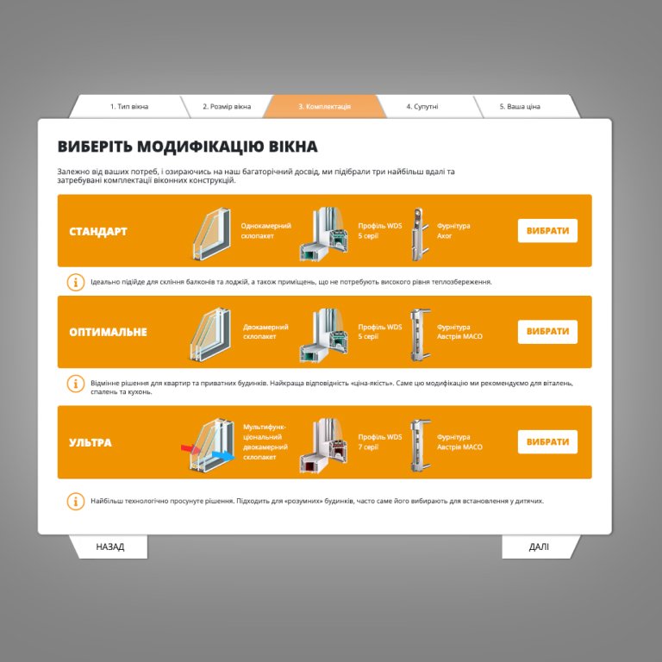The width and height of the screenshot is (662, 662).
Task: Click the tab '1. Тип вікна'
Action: tap(129, 106)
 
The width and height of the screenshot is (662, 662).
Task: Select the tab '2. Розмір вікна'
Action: tap(227, 106)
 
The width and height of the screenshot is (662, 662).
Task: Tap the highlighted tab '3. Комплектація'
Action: tap(325, 106)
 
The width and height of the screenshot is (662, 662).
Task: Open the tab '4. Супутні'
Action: tap(422, 106)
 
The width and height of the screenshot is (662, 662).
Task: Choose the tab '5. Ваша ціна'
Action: tap(520, 106)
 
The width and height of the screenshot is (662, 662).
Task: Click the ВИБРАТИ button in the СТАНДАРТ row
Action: tap(547, 230)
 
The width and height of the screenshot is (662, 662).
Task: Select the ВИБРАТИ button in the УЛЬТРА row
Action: tap(547, 441)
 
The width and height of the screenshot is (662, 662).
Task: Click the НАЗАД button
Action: tap(109, 546)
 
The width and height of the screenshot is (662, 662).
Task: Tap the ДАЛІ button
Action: tap(539, 546)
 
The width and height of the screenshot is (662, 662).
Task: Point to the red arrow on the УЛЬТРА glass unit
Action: tap(190, 449)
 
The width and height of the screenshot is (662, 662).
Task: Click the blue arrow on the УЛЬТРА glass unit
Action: tap(224, 456)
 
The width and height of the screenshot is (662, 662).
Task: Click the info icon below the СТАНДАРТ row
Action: tap(76, 282)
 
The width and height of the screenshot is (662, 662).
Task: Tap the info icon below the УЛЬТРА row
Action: tap(76, 501)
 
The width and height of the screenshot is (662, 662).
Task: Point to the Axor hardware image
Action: tap(419, 234)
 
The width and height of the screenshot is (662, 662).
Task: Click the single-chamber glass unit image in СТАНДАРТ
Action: tap(212, 234)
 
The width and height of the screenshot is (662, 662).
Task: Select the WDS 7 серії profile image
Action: tap(324, 446)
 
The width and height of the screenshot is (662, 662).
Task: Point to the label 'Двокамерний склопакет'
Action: tap(265, 332)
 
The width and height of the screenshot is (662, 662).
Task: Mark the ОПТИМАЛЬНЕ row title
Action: tap(108, 332)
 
